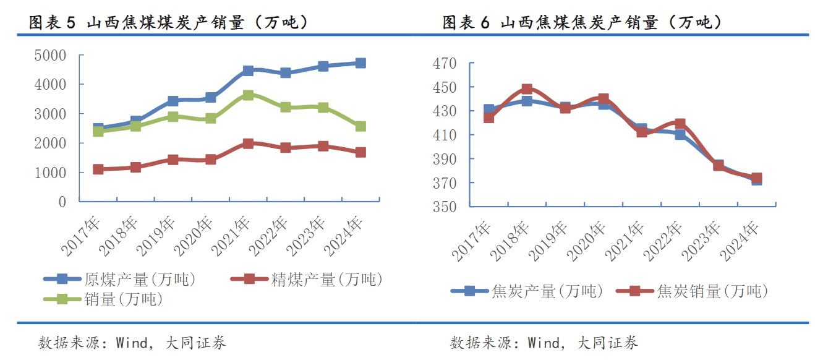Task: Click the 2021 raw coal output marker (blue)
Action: click(248, 71)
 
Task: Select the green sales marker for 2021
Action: click(248, 95)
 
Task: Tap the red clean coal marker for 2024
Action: click(360, 152)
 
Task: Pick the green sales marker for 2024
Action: click(360, 126)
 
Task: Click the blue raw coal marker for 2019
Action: click(173, 101)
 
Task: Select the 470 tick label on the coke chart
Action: click(445, 63)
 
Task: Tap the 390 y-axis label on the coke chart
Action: click(445, 159)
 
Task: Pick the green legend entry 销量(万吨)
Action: click(124, 299)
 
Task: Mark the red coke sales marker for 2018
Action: click(526, 90)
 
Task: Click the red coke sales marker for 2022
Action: click(680, 124)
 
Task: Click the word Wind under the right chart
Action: click(544, 342)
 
